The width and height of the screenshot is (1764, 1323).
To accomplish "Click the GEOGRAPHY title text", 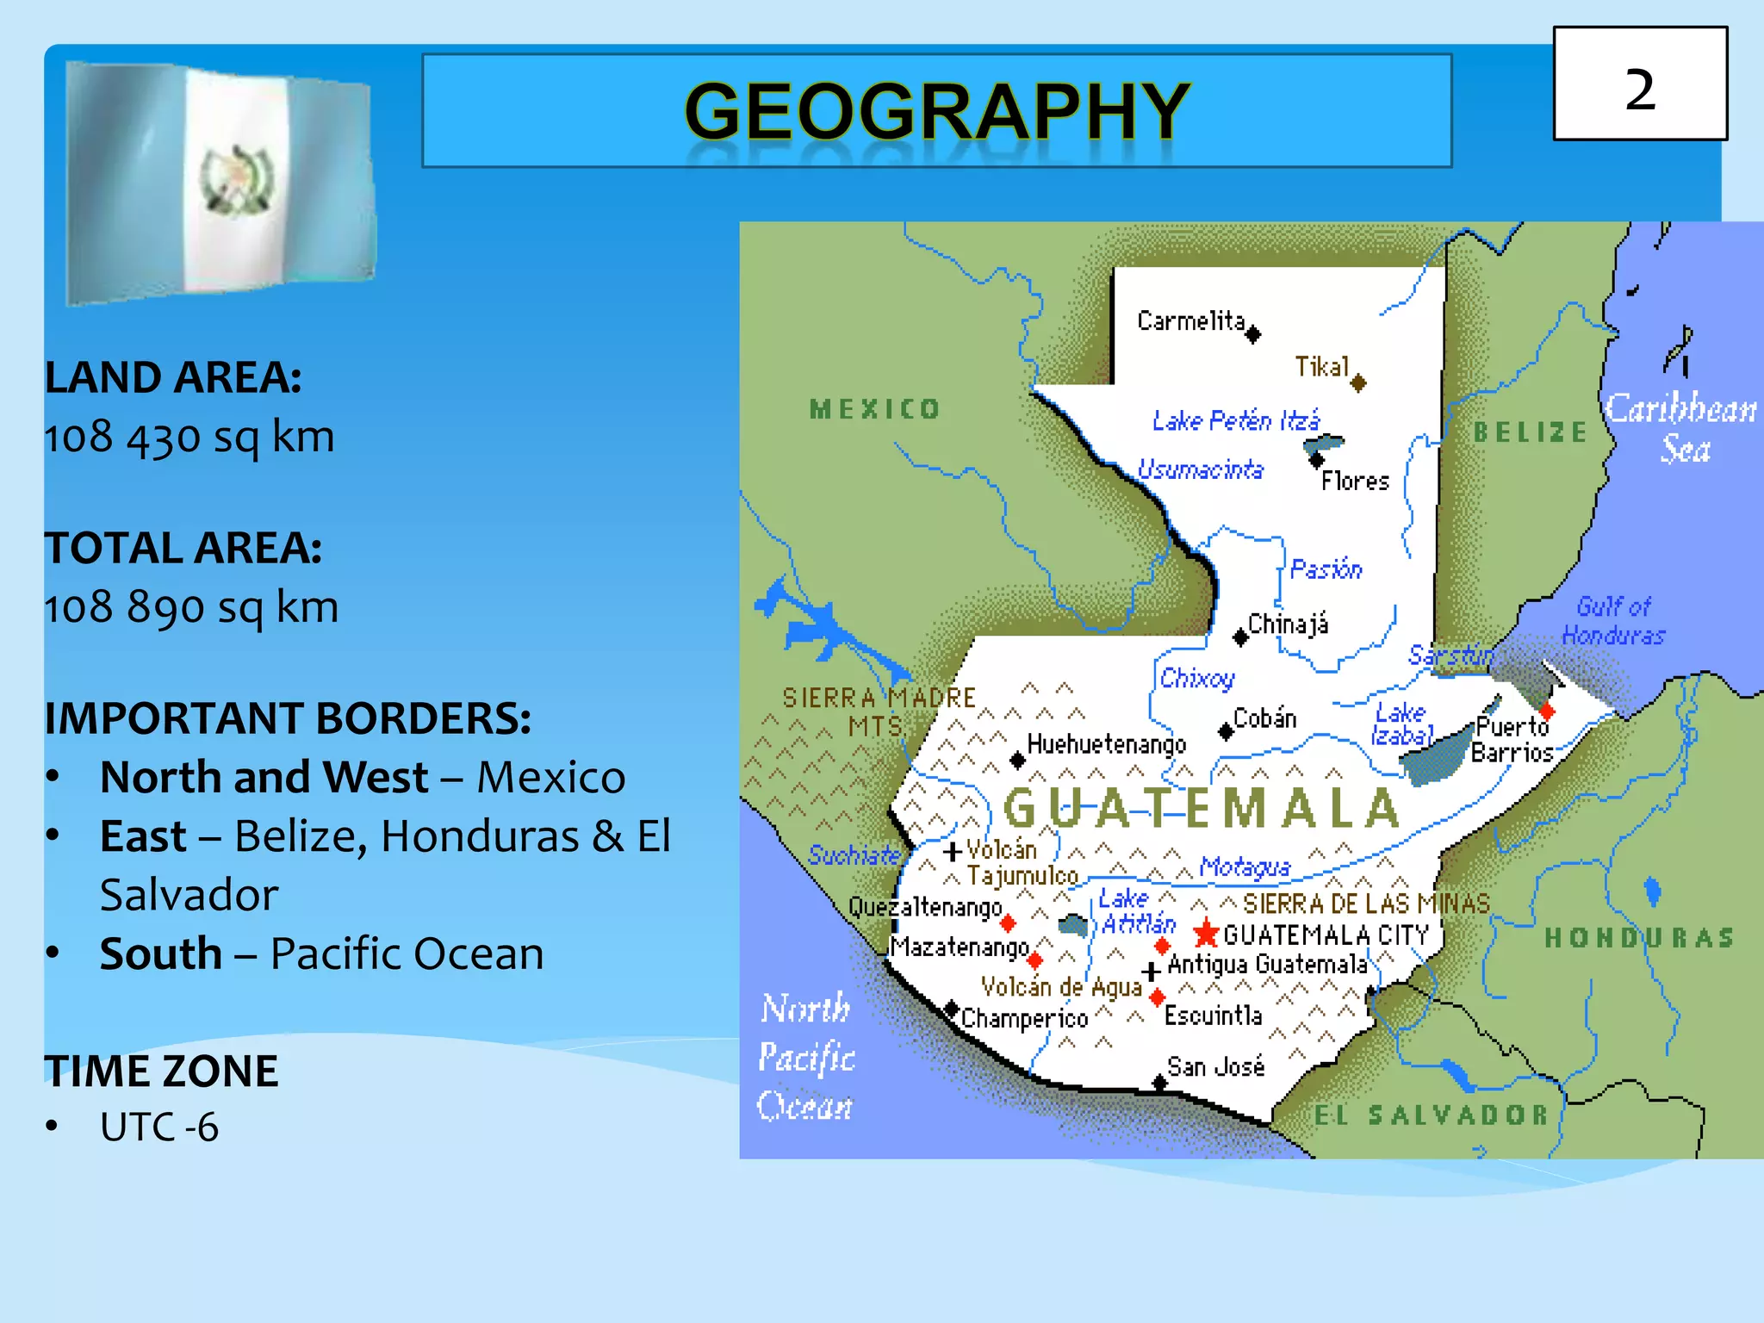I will click(937, 111).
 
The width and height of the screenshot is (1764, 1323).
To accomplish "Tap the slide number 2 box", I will click(1640, 84).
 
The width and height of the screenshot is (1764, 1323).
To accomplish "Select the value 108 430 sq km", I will click(189, 437).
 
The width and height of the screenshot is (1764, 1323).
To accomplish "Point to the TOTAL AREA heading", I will click(183, 548).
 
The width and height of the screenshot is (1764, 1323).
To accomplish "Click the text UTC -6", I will click(159, 1127).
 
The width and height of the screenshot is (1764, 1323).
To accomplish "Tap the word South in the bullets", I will click(161, 953).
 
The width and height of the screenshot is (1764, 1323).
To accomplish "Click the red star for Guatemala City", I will click(1206, 932).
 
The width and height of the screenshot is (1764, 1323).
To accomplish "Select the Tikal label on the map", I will click(1322, 367).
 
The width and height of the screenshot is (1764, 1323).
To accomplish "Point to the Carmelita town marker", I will click(1253, 334).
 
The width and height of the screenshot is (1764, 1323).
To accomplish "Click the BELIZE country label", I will click(1530, 432).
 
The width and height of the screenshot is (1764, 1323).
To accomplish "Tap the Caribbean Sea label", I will click(1681, 427).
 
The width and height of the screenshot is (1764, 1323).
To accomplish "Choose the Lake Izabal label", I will click(1401, 724).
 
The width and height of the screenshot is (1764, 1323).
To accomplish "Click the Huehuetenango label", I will click(1107, 743).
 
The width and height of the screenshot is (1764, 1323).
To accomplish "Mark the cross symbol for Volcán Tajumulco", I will click(953, 852).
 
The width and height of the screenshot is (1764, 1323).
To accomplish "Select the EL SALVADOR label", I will click(1431, 1115).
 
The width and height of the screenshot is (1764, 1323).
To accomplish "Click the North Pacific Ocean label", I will click(805, 1057).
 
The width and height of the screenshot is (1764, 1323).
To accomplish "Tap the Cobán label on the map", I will click(1264, 717).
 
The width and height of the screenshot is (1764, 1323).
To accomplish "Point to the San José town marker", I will click(1159, 1083).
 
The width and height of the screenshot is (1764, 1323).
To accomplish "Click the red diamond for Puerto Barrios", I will click(1547, 711).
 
